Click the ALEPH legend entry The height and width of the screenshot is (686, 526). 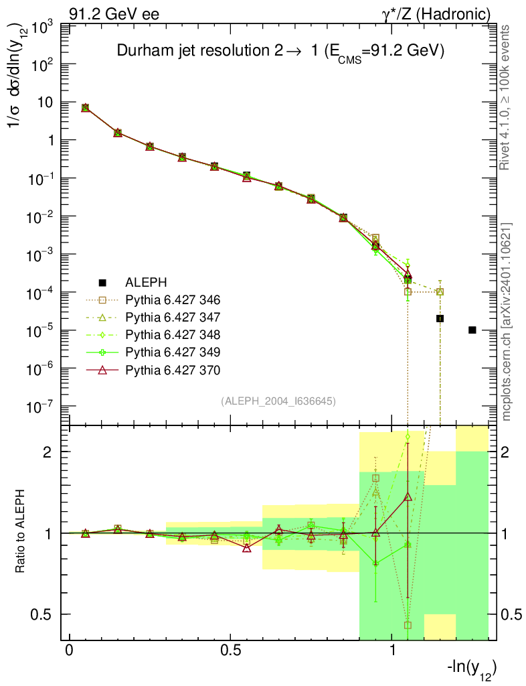click(x=145, y=282)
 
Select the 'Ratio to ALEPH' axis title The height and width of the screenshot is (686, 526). click(x=21, y=533)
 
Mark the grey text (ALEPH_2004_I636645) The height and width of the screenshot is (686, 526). click(x=278, y=401)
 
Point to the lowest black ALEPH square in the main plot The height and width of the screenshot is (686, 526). click(x=472, y=330)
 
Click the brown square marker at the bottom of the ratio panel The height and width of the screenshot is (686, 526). click(x=408, y=625)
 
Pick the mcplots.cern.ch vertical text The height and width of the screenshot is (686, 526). click(x=507, y=322)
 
